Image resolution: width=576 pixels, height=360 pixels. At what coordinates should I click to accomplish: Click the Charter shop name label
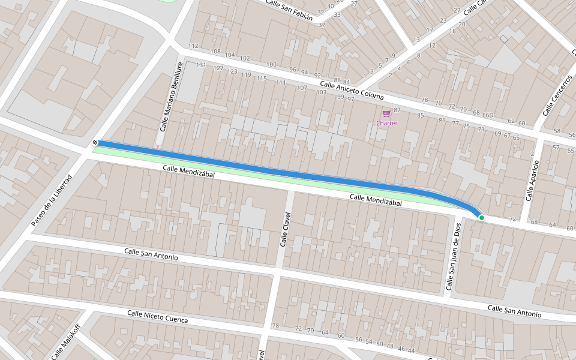[x=386, y=123]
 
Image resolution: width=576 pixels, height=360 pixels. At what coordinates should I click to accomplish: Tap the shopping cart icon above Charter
[x=386, y=113]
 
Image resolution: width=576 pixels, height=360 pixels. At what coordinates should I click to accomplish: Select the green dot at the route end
[x=482, y=218]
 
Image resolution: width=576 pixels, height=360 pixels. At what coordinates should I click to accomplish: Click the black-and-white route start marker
[x=95, y=142]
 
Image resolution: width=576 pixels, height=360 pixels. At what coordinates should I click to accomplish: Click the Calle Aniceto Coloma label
[x=352, y=91]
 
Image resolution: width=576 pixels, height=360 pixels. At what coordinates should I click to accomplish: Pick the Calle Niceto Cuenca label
[x=157, y=316]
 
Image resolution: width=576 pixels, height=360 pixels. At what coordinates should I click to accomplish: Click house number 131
[x=201, y=65]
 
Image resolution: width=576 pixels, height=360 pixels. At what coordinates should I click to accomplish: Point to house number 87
[x=397, y=110]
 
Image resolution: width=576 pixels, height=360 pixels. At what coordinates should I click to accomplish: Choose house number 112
[x=193, y=46]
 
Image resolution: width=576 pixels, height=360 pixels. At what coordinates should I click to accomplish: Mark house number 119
[x=246, y=75]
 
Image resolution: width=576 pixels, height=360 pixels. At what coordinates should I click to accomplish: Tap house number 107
[x=302, y=88]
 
